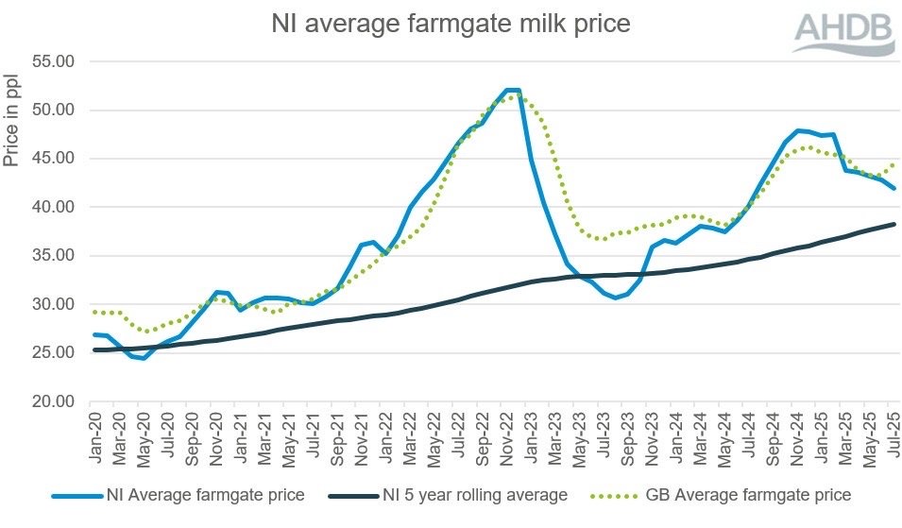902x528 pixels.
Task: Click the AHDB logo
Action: pyautogui.click(x=843, y=33)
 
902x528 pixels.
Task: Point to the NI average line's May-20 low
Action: pyautogui.click(x=145, y=358)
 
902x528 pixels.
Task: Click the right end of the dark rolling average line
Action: pyautogui.click(x=893, y=224)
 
